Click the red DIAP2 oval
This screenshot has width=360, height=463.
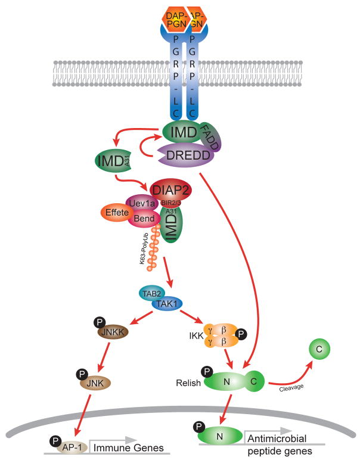(173, 189)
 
